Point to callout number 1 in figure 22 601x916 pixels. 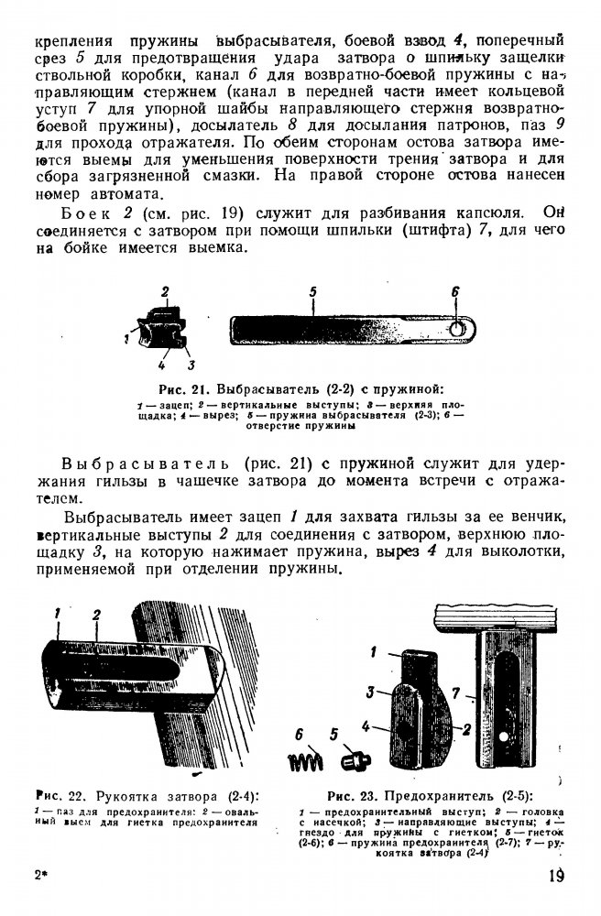[x=57, y=612]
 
